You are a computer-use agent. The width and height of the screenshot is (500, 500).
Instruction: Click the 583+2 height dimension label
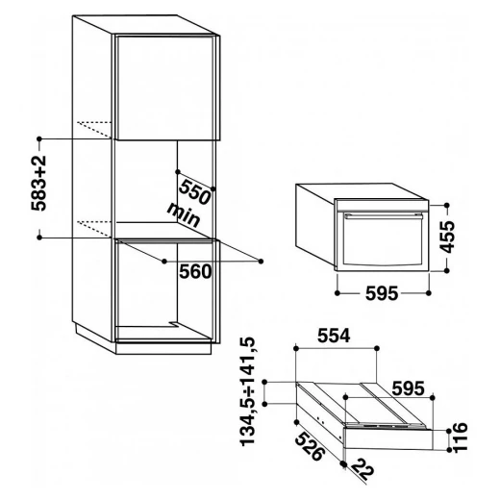[39, 183]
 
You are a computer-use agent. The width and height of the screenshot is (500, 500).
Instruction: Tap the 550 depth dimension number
[195, 192]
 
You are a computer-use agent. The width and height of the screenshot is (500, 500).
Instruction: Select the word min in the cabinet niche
[184, 214]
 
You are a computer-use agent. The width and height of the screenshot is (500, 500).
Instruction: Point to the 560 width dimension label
[195, 272]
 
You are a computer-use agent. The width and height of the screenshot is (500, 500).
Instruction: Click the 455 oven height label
[447, 237]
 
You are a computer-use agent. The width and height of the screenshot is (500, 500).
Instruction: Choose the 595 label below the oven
[382, 293]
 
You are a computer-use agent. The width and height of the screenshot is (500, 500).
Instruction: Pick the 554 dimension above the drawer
[334, 336]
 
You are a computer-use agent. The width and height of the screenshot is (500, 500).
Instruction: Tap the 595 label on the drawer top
[409, 388]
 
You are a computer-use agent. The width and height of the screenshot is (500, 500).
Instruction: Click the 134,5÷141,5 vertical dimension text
[248, 391]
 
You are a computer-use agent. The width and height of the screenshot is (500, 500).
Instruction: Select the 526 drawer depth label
[310, 446]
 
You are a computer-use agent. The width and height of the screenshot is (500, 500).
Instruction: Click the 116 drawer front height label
[461, 437]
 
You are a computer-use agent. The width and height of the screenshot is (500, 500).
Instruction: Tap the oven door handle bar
[383, 215]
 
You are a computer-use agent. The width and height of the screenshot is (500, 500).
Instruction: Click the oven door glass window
[382, 241]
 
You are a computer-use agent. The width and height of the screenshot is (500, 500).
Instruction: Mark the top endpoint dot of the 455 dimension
[447, 205]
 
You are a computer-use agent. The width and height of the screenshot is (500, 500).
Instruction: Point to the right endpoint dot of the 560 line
[261, 262]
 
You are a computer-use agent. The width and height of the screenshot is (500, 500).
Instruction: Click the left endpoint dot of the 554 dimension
[296, 348]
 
